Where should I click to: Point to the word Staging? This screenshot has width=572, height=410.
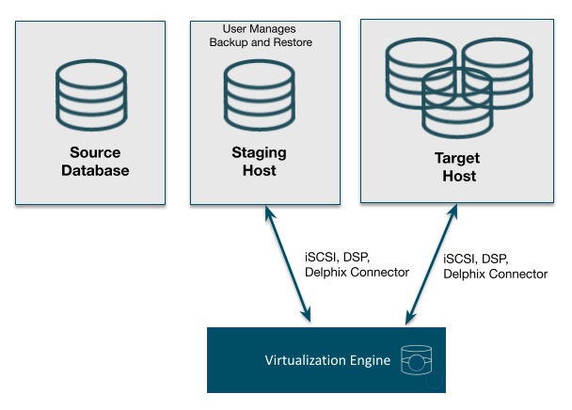point(260,152)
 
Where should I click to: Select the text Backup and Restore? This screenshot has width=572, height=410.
point(261,43)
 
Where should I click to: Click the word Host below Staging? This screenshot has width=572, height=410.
point(260,170)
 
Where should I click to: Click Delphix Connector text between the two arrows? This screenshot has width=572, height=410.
point(357,272)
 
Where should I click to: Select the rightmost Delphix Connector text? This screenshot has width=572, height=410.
point(494,274)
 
